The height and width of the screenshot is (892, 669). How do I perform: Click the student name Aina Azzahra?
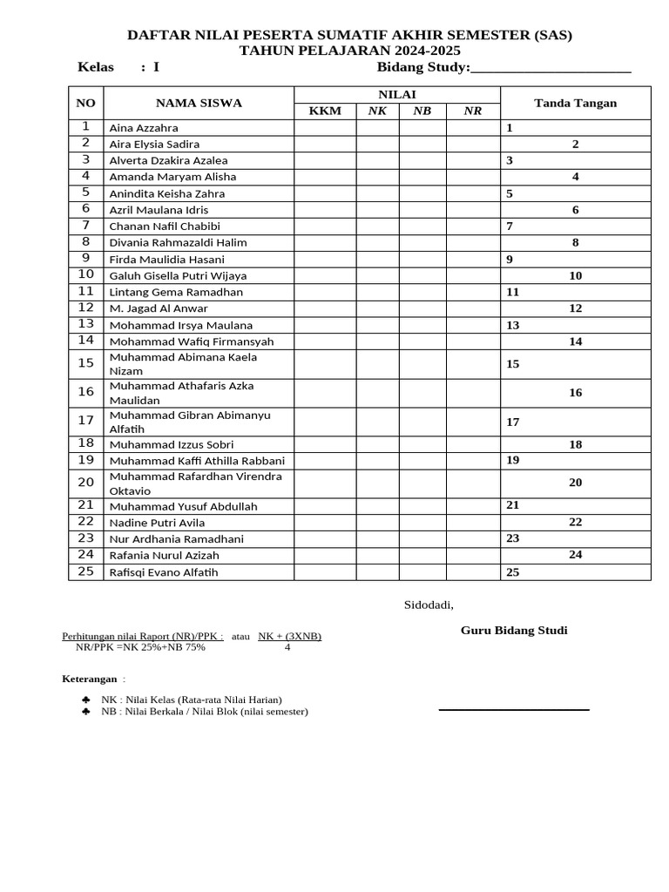[x=143, y=128]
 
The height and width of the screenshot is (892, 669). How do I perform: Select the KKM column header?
[x=325, y=111]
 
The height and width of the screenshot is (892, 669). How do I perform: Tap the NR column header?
[x=472, y=111]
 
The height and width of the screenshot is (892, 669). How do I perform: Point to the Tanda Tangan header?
[x=575, y=103]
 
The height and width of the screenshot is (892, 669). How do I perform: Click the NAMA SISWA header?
[x=199, y=103]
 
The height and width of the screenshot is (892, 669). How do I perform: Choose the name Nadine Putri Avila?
[x=157, y=523]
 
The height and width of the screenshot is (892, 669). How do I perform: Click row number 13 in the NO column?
[x=85, y=324]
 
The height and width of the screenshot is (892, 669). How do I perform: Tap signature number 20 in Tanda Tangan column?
[x=575, y=483]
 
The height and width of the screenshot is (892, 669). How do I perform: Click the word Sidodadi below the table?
[x=429, y=605]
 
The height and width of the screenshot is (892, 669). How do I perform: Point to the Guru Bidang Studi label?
[x=514, y=631]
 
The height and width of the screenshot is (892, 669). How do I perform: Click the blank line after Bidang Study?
[x=551, y=70]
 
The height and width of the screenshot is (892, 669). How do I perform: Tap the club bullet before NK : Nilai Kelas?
[x=85, y=699]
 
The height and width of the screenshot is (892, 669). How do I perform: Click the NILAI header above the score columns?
[x=396, y=94]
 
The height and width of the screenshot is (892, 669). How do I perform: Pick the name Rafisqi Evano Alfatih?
[x=163, y=572]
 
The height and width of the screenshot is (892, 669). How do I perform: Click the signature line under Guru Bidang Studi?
[x=514, y=710]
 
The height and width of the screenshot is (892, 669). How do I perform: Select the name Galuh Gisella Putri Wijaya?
[x=178, y=276]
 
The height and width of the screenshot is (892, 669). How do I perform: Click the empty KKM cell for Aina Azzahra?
[x=325, y=128]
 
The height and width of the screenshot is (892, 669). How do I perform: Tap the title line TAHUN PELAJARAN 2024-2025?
[x=350, y=51]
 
